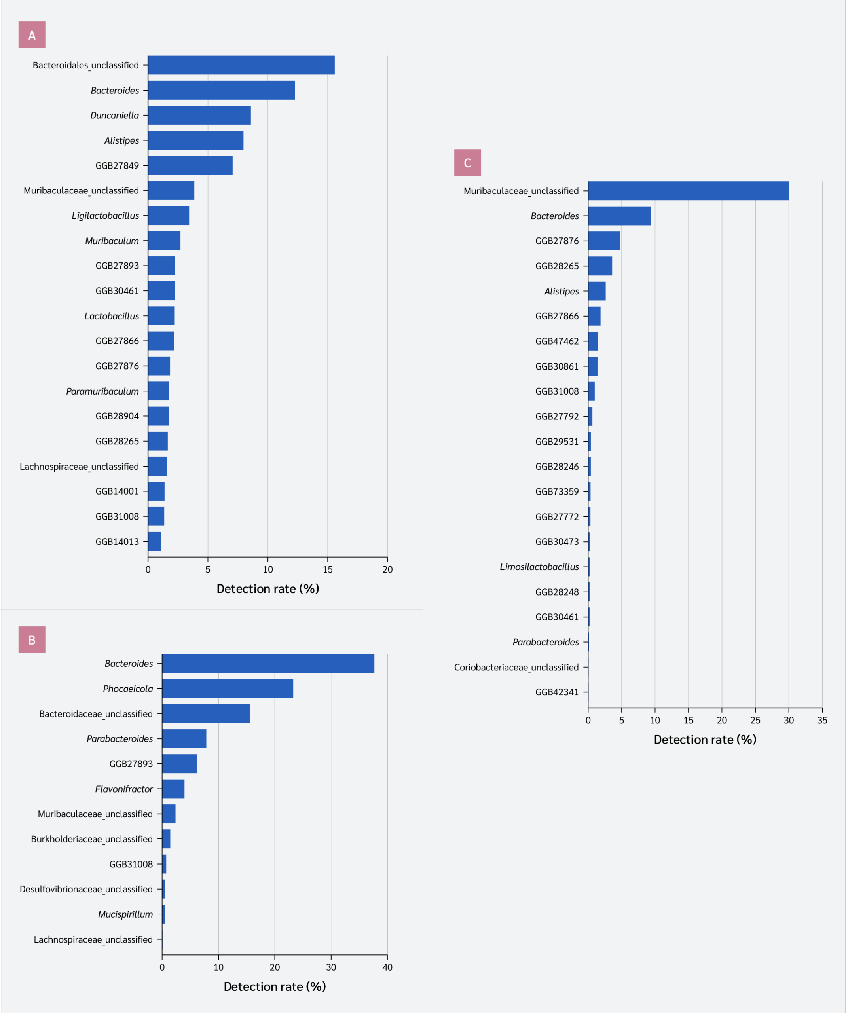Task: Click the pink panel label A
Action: (32, 35)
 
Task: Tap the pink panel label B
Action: (32, 639)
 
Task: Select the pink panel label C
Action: (467, 163)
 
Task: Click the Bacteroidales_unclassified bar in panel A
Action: (241, 65)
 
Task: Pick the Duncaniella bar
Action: (199, 115)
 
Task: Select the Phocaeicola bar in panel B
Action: (228, 689)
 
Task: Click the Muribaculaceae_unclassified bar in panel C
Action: (688, 191)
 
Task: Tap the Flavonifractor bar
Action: (173, 789)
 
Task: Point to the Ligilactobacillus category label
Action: (105, 216)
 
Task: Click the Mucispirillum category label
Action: (125, 914)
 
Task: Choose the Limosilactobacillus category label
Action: (539, 567)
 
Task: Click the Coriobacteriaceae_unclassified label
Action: (516, 667)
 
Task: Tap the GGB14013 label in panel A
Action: (117, 541)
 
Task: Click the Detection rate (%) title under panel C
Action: (705, 740)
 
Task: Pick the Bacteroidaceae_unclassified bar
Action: (206, 713)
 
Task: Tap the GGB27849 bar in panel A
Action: (190, 165)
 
